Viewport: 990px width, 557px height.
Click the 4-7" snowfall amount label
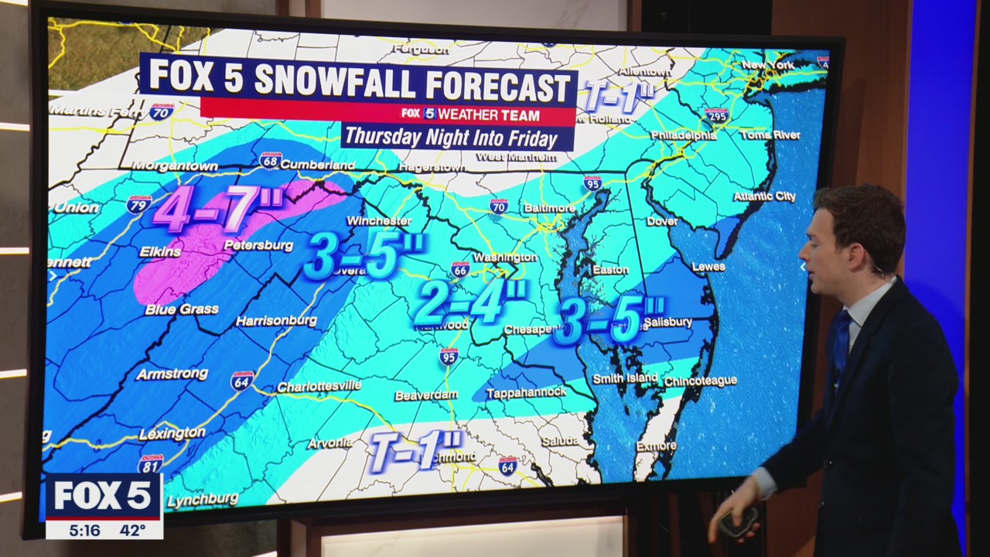coord(219,209)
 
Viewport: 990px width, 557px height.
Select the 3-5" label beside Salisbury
coord(610,320)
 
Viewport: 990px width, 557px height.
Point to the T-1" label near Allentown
coord(618,97)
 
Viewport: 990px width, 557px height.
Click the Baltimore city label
coord(549,208)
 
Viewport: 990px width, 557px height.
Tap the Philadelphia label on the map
coord(683,135)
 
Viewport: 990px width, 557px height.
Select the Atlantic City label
coord(763,196)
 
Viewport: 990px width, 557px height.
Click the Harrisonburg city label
coord(276,320)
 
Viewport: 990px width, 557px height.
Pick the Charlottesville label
coord(319,386)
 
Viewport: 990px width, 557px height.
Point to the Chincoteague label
coord(700,381)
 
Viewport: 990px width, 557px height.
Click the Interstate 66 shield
coord(461,268)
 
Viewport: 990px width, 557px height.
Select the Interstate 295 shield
coord(716,116)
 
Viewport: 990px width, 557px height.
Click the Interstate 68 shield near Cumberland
coord(271,160)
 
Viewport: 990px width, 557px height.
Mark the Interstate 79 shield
coord(139,205)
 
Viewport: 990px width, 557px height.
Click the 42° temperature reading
coord(132,530)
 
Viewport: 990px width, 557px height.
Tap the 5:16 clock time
coord(84,530)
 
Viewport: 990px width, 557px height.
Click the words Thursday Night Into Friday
coord(451,138)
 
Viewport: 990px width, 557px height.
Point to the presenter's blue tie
coord(841,340)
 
